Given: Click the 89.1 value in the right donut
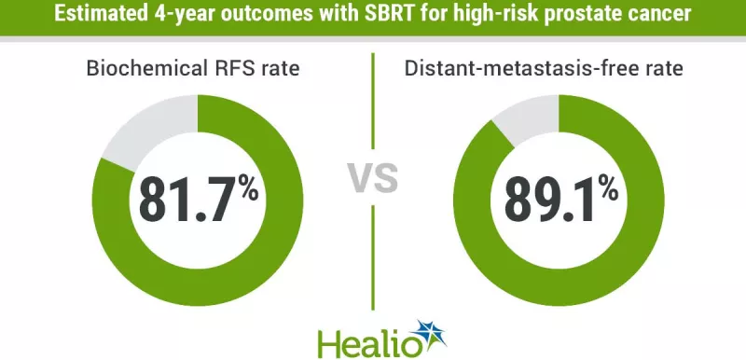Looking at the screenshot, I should coord(549,197).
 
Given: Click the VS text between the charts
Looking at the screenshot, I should coord(373,176).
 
